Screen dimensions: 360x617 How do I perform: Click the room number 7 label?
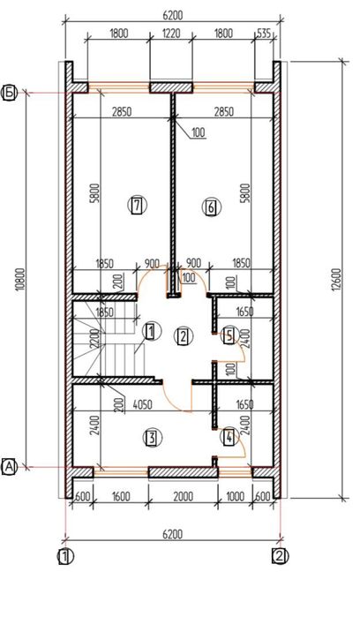137,206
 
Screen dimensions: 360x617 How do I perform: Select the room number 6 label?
211,207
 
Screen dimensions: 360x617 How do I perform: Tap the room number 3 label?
153,438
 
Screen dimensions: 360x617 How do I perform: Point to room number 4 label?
229,437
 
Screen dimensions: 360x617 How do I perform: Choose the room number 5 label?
229,335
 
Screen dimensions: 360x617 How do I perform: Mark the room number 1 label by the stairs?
151,331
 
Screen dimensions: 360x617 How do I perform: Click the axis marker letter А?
10,467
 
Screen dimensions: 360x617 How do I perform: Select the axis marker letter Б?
10,94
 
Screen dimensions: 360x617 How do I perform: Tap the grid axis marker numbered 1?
65,557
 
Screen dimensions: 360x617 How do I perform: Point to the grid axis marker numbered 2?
280,557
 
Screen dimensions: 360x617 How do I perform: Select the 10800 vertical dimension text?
20,280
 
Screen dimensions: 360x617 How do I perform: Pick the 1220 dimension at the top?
171,33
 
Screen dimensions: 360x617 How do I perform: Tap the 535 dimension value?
264,34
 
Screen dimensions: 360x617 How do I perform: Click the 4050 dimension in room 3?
142,404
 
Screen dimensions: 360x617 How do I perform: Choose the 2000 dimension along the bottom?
183,496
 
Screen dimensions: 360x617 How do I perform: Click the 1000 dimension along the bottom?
235,496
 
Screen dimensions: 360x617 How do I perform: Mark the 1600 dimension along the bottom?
120,496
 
